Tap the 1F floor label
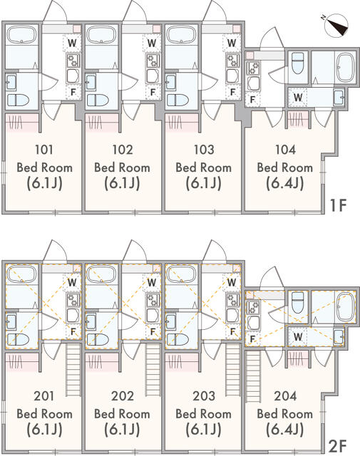point(337,207)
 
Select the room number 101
point(44,150)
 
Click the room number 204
point(284,396)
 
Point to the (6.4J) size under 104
point(284,183)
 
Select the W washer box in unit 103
point(232,43)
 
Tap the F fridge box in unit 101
point(72,92)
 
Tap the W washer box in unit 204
point(298,336)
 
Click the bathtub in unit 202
point(102,274)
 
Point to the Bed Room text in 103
point(203,167)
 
